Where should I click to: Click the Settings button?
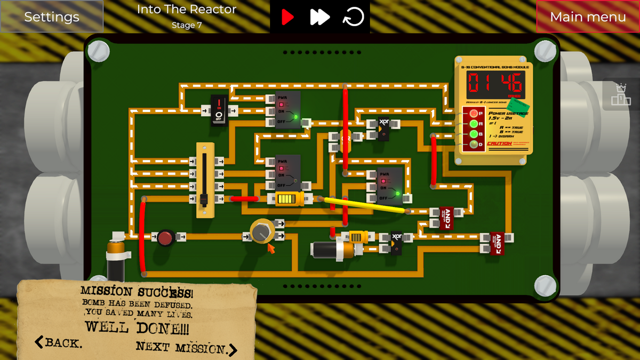tap(52, 17)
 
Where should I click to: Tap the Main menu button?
tap(588, 17)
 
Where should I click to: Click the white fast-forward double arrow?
tap(319, 17)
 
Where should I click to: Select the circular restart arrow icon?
tap(353, 17)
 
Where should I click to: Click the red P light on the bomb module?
tap(473, 114)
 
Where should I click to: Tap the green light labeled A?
tap(473, 124)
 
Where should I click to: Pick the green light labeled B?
tap(473, 134)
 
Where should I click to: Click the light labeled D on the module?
tap(473, 144)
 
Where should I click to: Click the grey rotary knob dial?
tap(261, 232)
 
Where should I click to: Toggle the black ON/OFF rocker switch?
tap(219, 110)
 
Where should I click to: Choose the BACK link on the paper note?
tap(59, 342)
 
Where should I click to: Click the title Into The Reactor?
tap(186, 10)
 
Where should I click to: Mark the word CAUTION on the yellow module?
tap(500, 143)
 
